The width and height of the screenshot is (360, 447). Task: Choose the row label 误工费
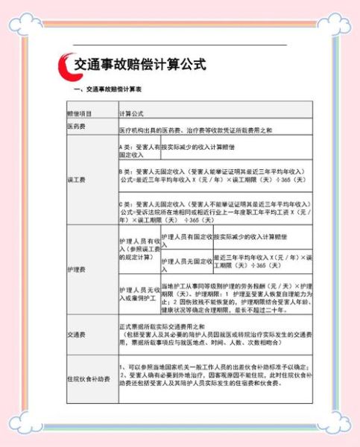click(77, 180)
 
